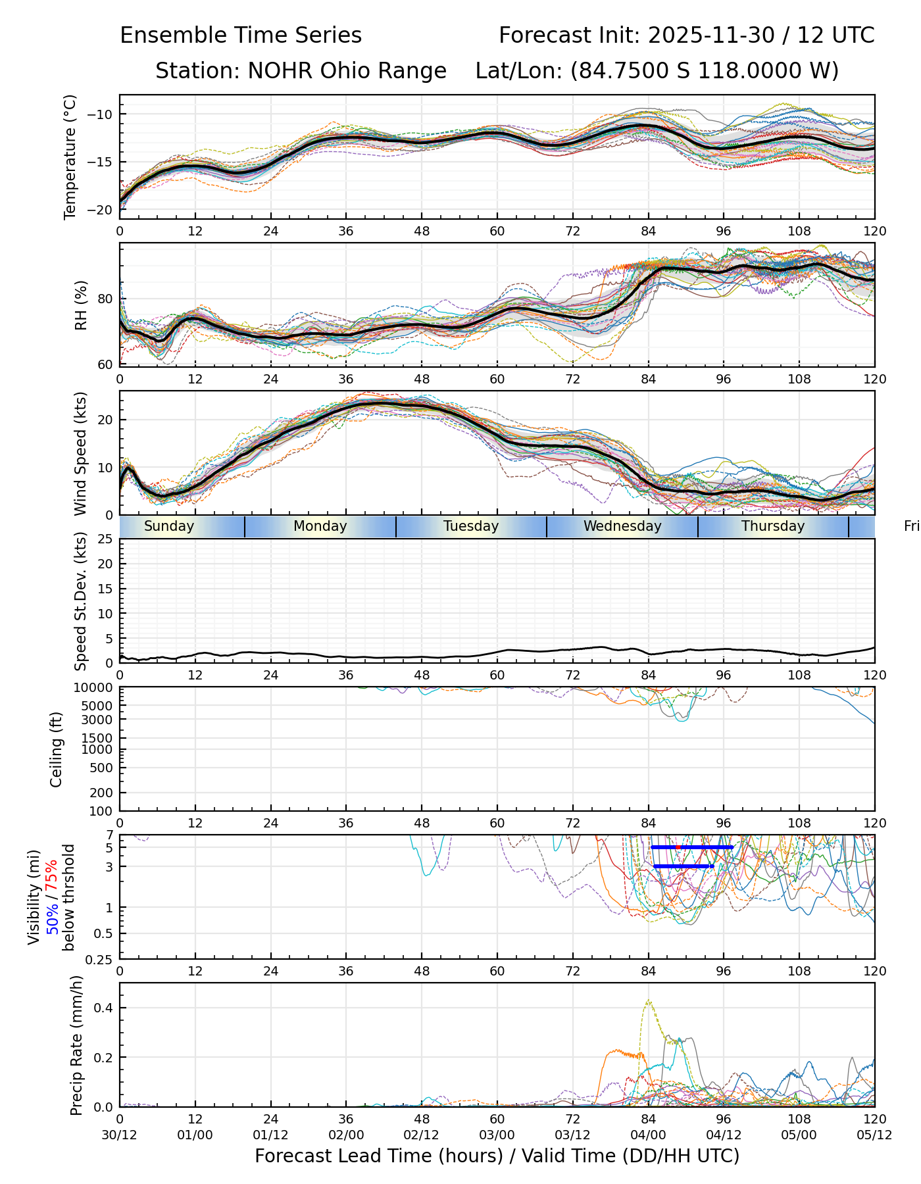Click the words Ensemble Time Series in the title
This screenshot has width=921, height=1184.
pyautogui.click(x=241, y=36)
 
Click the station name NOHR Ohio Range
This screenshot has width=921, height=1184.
pyautogui.click(x=347, y=70)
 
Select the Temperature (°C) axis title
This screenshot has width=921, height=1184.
pyautogui.click(x=70, y=157)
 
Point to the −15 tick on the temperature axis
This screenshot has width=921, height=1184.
pyautogui.click(x=104, y=162)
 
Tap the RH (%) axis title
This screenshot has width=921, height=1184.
pyautogui.click(x=81, y=305)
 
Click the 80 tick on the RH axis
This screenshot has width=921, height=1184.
pyautogui.click(x=107, y=299)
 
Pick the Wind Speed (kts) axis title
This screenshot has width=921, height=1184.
pyautogui.click(x=80, y=453)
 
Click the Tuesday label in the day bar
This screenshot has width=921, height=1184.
pyautogui.click(x=471, y=526)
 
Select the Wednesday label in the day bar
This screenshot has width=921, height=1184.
pyautogui.click(x=622, y=526)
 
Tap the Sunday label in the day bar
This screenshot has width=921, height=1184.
pyautogui.click(x=169, y=526)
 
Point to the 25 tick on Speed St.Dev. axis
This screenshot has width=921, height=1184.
pyautogui.click(x=105, y=539)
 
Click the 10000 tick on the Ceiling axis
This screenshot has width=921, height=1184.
pyautogui.click(x=95, y=688)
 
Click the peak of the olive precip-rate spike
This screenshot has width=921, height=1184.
pyautogui.click(x=649, y=1001)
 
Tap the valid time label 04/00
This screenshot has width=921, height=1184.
pyautogui.click(x=648, y=1135)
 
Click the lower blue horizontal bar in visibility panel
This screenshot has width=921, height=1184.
pyautogui.click(x=683, y=866)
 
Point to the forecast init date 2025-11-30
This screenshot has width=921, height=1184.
pyautogui.click(x=711, y=36)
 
